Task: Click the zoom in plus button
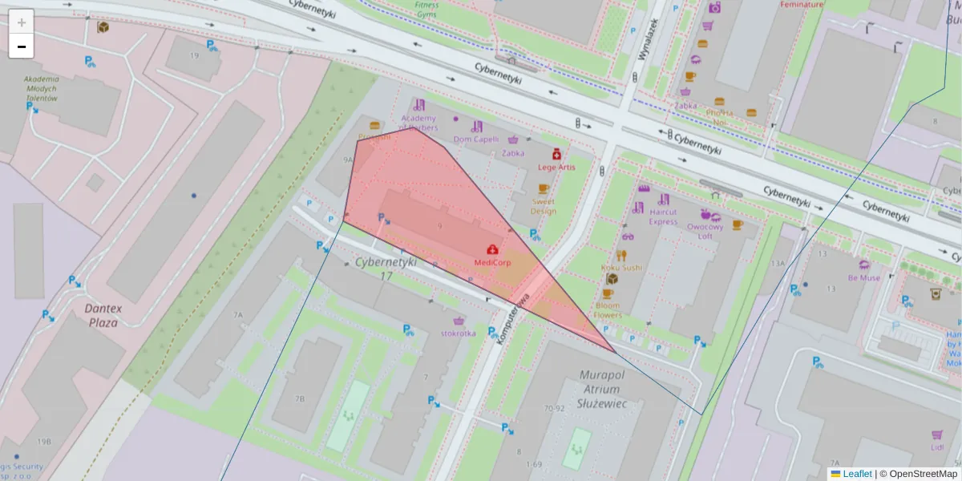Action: click(x=22, y=22)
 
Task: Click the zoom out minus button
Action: click(x=22, y=46)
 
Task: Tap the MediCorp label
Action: click(x=492, y=262)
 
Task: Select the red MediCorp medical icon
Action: click(x=491, y=249)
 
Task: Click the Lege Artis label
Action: click(x=556, y=167)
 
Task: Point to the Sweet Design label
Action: click(x=543, y=206)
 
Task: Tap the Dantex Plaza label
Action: click(x=102, y=314)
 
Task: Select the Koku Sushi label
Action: click(x=621, y=267)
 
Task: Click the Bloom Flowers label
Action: click(x=608, y=310)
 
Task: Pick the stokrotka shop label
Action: click(x=458, y=333)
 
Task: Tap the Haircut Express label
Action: click(x=663, y=216)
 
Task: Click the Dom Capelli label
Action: click(x=476, y=139)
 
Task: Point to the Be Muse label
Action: click(x=863, y=278)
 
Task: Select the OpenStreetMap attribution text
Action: click(x=923, y=474)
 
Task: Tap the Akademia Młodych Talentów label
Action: click(x=42, y=88)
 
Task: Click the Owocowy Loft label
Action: click(x=705, y=231)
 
